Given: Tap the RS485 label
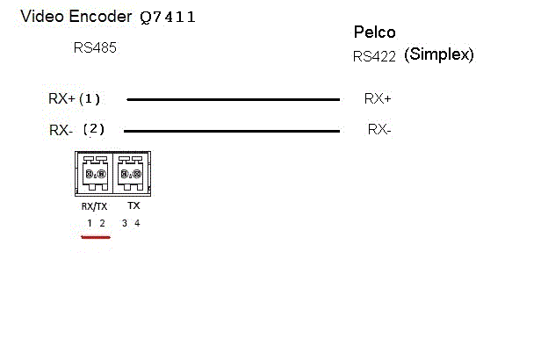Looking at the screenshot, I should (x=95, y=47).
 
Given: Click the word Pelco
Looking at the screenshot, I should (x=375, y=32).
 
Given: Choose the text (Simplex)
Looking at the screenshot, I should (x=439, y=54).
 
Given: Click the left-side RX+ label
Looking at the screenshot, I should (x=61, y=98).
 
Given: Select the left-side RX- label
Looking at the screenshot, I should (x=61, y=130).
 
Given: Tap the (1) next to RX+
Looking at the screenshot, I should (x=91, y=98).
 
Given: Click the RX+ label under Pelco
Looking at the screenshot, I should (x=378, y=98).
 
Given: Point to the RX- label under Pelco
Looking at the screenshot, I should (x=379, y=130).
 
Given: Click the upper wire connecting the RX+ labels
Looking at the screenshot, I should (x=233, y=99).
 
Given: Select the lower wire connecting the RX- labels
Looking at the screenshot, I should (x=233, y=132).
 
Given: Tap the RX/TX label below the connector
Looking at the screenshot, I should (x=93, y=206).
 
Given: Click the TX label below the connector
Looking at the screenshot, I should (x=133, y=205).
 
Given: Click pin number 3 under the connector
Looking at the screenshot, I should (x=125, y=223).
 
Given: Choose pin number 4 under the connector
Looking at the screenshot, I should (x=137, y=223).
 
